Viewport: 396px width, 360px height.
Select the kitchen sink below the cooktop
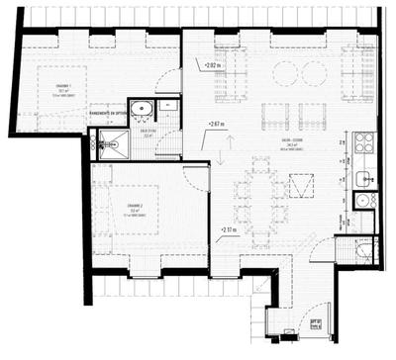pyautogui.click(x=363, y=179)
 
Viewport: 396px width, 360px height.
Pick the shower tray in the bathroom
pyautogui.click(x=110, y=146)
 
